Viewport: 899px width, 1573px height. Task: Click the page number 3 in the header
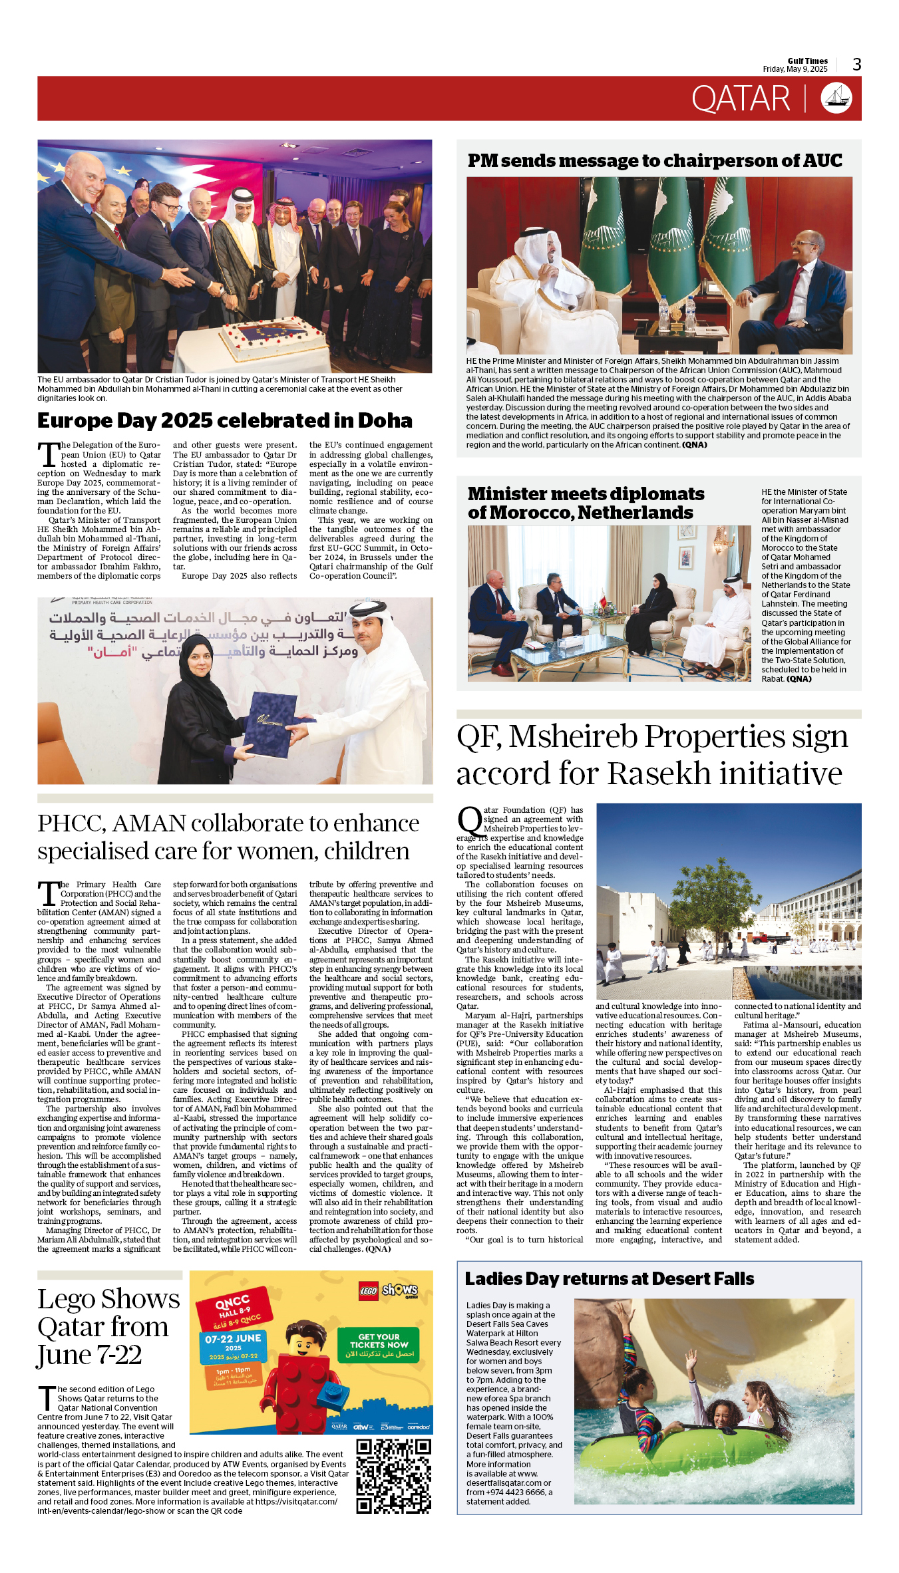pos(856,65)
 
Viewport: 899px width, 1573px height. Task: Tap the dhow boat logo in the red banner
pos(836,98)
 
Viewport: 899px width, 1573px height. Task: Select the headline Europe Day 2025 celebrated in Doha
pos(224,421)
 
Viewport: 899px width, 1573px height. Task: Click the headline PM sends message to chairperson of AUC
pos(654,161)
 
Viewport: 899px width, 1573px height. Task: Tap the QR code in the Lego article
pos(393,1475)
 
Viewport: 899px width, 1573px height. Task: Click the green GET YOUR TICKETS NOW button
pos(379,1345)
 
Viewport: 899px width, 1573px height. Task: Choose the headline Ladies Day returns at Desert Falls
pos(609,1279)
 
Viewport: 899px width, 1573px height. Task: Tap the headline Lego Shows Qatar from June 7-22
pos(108,1327)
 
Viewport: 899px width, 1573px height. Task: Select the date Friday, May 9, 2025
pos(795,69)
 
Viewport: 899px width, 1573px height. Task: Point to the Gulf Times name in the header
pos(807,61)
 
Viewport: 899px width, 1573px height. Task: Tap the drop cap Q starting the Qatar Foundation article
pos(470,821)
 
